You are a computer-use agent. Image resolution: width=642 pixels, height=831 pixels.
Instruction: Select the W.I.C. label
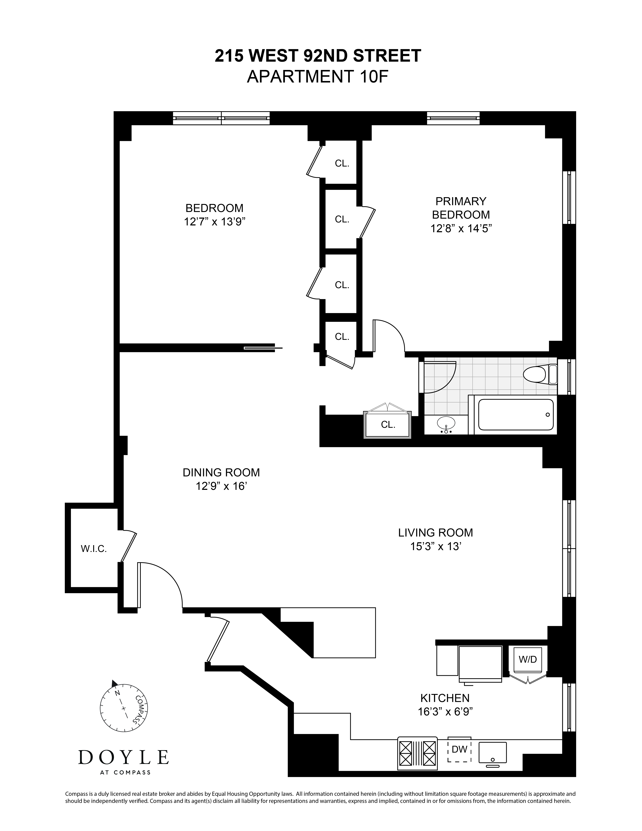click(94, 549)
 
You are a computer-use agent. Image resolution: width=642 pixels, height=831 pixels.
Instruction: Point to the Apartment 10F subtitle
click(318, 77)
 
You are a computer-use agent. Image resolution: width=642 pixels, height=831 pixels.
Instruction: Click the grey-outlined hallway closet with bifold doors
click(388, 424)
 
